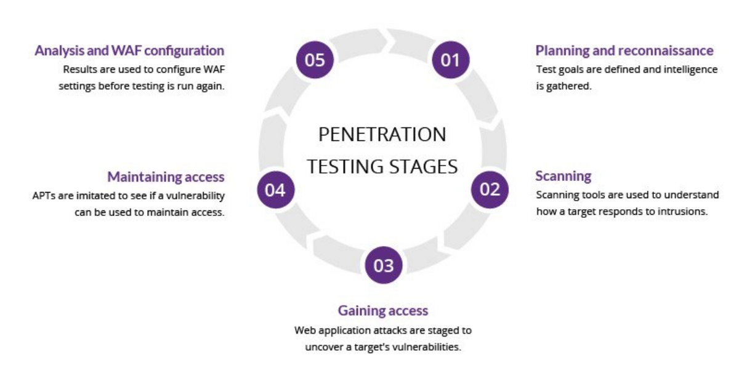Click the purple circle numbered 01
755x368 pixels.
[451, 60]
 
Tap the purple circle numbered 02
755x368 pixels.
[490, 190]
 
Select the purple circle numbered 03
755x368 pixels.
[384, 265]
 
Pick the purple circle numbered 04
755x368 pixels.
[276, 190]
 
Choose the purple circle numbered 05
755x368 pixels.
[315, 60]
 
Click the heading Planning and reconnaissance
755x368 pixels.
[624, 50]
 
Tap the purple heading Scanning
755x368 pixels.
[563, 177]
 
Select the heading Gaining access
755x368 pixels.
[383, 311]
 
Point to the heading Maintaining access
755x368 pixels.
[166, 177]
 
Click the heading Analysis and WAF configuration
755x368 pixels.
[129, 51]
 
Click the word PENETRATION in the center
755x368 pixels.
[382, 134]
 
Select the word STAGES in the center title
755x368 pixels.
[424, 167]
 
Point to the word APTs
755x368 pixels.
[44, 196]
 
